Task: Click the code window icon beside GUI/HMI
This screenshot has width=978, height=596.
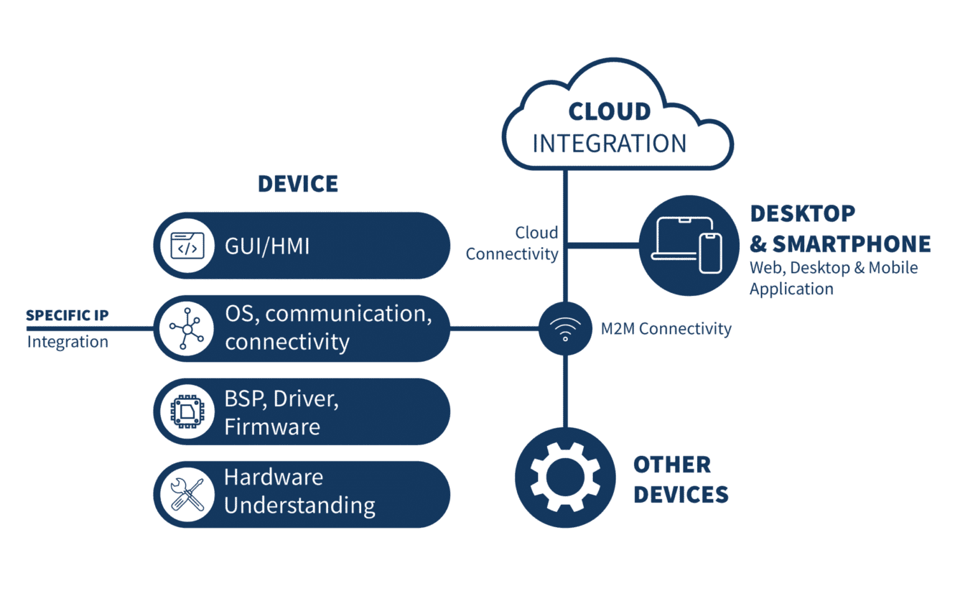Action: [x=187, y=246]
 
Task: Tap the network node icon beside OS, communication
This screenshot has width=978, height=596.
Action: [x=187, y=329]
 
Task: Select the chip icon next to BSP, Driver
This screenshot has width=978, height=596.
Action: [x=187, y=411]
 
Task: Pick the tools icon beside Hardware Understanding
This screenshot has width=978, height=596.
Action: [x=187, y=494]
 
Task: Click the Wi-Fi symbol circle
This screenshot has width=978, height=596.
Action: [x=565, y=329]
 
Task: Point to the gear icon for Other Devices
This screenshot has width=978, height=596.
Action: [x=565, y=477]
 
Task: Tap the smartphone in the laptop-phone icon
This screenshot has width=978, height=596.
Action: [x=711, y=253]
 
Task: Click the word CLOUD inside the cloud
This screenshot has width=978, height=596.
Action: [x=609, y=112]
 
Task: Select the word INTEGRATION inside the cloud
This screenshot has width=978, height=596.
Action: [x=609, y=144]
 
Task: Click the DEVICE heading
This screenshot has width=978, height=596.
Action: [x=298, y=184]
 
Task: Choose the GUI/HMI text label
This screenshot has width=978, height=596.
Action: [x=267, y=246]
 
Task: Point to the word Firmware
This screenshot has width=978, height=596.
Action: [x=272, y=427]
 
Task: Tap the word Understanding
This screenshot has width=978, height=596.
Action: [x=299, y=506]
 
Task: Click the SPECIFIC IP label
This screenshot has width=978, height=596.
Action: [x=67, y=315]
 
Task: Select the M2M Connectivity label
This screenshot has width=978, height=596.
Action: [x=666, y=329]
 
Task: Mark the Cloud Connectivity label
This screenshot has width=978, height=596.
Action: [x=513, y=243]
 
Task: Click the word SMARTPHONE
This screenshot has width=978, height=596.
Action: [x=851, y=244]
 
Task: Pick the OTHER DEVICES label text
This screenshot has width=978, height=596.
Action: [x=680, y=479]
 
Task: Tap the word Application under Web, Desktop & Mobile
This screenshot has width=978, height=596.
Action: [x=791, y=289]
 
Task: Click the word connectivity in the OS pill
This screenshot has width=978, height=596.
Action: [x=287, y=343]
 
